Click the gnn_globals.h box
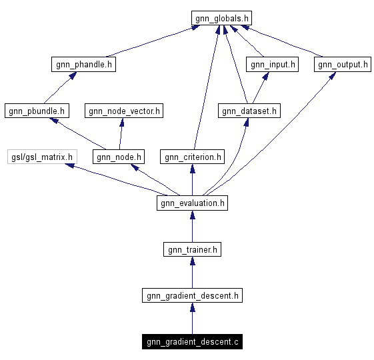221,18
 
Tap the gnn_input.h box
272,65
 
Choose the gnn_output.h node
342,65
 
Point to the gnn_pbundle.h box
36,111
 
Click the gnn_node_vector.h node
123,111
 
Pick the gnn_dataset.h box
249,111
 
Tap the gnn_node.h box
118,157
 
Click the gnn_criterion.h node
192,157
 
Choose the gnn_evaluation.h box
192,203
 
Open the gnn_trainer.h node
192,249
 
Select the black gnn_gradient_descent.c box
192,342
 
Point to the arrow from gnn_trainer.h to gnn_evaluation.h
192,227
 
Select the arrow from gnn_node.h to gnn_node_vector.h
121,133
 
